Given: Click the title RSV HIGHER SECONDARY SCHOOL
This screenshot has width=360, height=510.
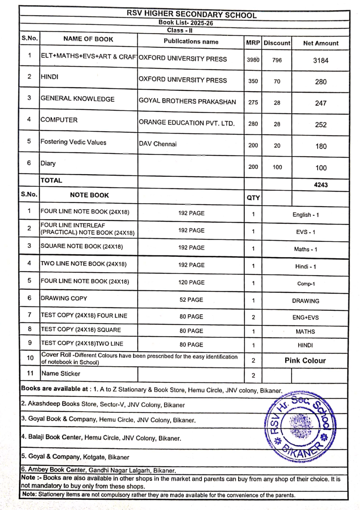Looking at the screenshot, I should coord(192,14).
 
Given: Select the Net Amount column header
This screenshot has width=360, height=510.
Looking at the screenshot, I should coord(320,43).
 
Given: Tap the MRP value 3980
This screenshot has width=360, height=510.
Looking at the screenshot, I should coord(253,60).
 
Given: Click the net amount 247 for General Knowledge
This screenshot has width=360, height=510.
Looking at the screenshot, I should coord(320,103).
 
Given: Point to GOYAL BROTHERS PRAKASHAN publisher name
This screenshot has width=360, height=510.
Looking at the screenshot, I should coord(187,101).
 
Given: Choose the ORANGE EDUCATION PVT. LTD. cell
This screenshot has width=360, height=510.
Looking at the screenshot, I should coord(187,123).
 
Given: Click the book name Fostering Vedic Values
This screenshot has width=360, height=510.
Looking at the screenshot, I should coord(73,142).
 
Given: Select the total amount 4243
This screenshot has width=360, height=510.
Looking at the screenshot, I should coord(320,185).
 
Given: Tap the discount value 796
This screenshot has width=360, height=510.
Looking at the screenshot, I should coord(277,60).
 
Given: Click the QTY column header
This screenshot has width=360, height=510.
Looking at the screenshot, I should coord(253,198).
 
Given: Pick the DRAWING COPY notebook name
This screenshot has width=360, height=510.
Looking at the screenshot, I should coord(64,298).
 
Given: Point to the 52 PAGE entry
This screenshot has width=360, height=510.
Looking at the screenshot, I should coord(191,299).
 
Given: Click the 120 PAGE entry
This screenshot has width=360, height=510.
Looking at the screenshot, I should coord(191,282).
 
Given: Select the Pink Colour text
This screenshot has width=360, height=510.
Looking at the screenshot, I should coord(305,361).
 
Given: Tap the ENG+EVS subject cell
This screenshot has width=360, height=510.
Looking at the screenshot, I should coord(305,317).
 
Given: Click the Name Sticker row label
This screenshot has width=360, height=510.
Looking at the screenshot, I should coord(61,374).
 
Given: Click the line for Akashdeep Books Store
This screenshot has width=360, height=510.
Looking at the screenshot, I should coord(103,404).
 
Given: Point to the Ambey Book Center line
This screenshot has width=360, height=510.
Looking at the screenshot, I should coord(99,470).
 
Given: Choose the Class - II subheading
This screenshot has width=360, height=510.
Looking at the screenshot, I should coord(180,31).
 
